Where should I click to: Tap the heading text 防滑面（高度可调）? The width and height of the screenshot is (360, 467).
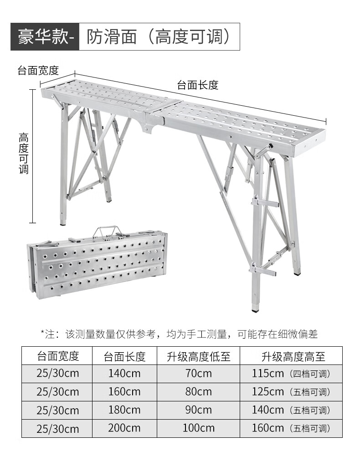(x=159, y=36)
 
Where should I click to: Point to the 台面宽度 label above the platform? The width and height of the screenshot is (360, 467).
(x=38, y=70)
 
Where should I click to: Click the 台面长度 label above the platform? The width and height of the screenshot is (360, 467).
(x=197, y=85)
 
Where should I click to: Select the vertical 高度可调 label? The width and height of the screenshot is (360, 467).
(x=24, y=153)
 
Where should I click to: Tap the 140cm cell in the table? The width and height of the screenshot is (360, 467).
(x=124, y=374)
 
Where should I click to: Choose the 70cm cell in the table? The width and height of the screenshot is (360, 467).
(x=198, y=374)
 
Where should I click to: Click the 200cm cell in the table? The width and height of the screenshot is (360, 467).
(x=124, y=428)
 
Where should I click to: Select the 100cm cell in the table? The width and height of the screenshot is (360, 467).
(x=198, y=428)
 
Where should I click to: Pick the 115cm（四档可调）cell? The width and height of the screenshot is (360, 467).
(x=291, y=374)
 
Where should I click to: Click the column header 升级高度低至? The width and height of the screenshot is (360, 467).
(x=198, y=356)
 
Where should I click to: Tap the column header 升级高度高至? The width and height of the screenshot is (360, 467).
(x=291, y=356)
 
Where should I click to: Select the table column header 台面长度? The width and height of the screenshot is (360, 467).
(x=124, y=356)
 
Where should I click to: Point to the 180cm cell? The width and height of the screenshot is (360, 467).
(x=124, y=410)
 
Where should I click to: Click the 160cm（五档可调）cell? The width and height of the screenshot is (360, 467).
(x=291, y=428)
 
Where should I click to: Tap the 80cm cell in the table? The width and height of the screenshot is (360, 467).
(x=198, y=392)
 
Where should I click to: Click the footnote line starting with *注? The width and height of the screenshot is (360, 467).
(x=179, y=334)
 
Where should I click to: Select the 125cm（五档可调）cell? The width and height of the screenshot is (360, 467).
(x=291, y=392)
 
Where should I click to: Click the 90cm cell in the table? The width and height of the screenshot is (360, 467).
(x=198, y=410)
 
